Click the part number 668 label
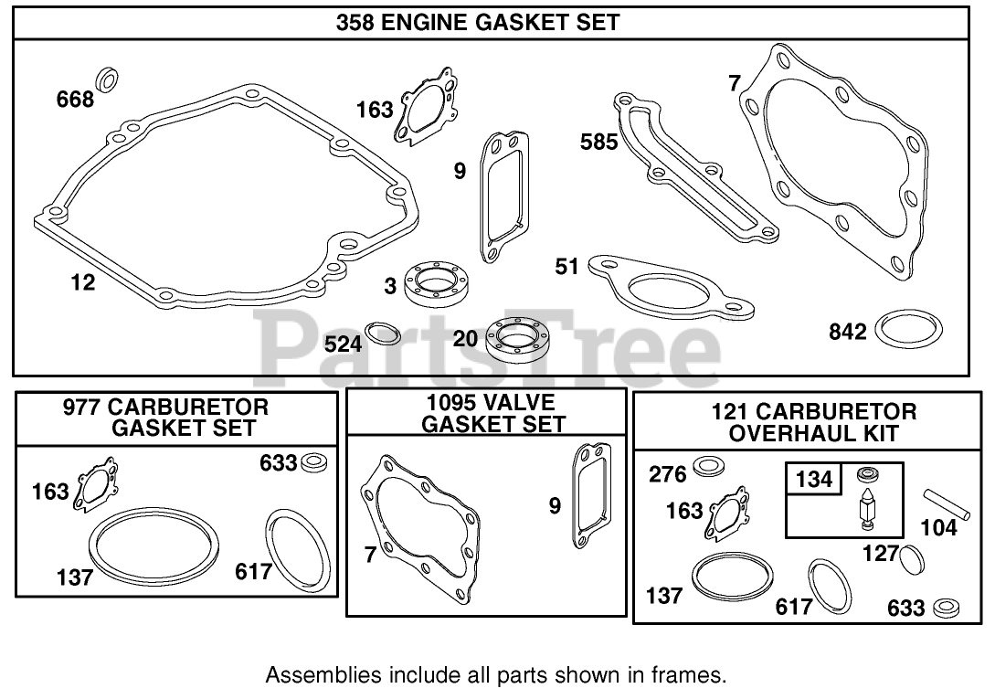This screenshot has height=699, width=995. pos(75,98)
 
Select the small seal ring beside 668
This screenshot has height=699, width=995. pos(108,79)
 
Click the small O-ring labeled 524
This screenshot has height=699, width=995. pos(382,333)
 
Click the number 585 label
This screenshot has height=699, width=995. pos(599,142)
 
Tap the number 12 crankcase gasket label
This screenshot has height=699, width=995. pos(82,282)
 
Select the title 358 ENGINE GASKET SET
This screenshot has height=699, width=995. pos(478,23)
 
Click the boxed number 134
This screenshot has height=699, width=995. pos(814,478)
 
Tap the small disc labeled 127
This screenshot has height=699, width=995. pos(911,557)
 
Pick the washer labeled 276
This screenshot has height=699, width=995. pos(706,468)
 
